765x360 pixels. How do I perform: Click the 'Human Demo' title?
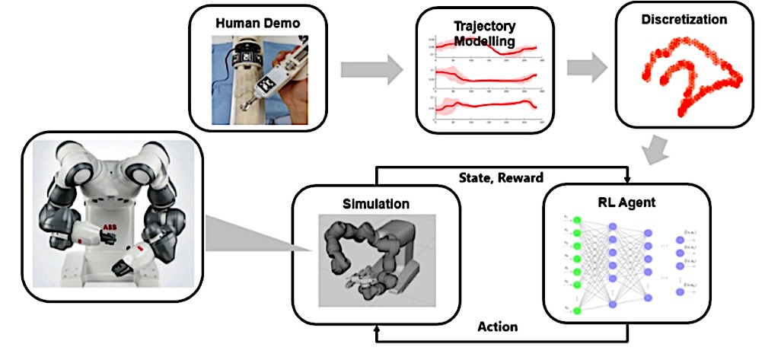[x=257, y=23]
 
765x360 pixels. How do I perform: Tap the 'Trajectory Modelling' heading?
[x=485, y=33]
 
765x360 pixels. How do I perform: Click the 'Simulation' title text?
[x=375, y=205]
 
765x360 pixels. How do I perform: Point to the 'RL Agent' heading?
[x=627, y=202]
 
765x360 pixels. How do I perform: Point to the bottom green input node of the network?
[x=577, y=311]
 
